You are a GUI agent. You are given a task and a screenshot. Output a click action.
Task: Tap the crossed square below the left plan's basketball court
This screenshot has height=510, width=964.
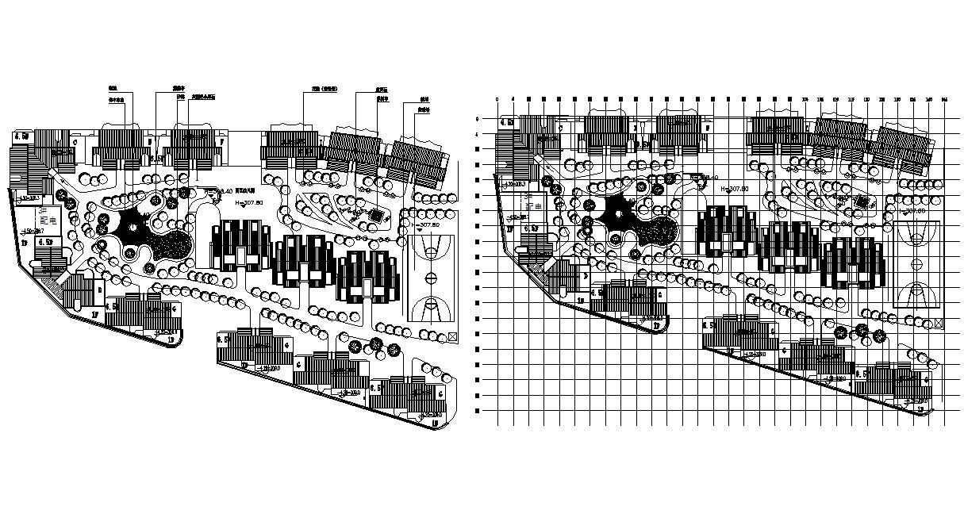point(453,336)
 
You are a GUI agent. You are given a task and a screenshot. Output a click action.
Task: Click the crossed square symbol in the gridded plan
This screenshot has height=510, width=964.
point(939,324)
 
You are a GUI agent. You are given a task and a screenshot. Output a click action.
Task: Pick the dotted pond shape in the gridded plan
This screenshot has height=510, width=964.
point(657,233)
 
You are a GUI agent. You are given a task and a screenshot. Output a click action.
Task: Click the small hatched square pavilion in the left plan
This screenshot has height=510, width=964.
point(375,215)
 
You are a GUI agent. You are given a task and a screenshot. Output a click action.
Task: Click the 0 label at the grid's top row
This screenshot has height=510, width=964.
point(497,99)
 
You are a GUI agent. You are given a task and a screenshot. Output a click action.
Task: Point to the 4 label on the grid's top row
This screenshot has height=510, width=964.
point(513,99)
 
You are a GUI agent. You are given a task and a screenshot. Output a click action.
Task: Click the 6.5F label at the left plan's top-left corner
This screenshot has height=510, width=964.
point(21,136)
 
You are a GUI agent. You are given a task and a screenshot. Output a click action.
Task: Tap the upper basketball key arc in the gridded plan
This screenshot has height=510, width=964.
point(918,236)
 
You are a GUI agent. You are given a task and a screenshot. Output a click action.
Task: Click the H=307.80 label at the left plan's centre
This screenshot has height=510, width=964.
point(249,203)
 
